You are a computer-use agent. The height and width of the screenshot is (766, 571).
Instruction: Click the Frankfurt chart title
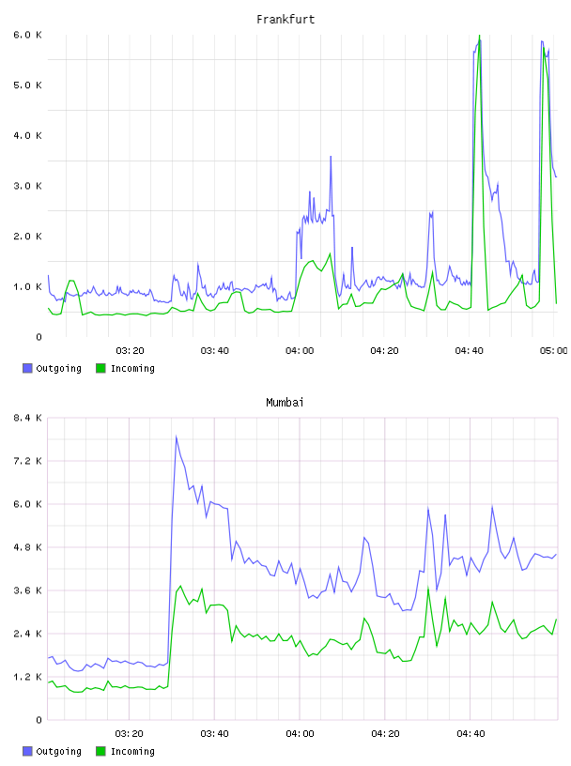(285, 20)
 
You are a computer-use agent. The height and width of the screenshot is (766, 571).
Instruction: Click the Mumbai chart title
(285, 403)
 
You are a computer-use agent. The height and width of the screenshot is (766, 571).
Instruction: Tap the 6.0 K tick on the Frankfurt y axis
(27, 35)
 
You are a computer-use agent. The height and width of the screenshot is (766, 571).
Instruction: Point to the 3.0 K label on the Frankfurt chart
(27, 186)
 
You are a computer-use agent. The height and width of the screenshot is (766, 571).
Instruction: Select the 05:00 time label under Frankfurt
(553, 351)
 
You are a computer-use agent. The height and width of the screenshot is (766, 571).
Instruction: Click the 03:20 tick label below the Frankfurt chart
(130, 351)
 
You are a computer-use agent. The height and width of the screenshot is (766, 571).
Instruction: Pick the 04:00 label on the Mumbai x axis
(300, 734)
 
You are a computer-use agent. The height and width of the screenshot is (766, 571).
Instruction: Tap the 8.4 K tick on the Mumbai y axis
(27, 418)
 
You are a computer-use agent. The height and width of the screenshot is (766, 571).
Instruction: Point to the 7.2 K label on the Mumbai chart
(27, 461)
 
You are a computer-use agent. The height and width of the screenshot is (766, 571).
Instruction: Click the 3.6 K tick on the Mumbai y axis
(27, 590)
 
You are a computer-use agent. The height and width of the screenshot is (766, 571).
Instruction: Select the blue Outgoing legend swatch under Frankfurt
(27, 368)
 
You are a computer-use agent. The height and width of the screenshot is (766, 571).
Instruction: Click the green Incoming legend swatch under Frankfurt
(100, 368)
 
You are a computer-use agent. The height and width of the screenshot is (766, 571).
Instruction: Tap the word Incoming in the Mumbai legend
(132, 751)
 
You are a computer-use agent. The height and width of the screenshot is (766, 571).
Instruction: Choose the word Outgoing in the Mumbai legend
(58, 751)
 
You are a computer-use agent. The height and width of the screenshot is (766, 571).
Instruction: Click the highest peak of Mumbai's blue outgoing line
(176, 437)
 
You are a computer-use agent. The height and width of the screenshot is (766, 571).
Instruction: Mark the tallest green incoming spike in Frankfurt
(480, 36)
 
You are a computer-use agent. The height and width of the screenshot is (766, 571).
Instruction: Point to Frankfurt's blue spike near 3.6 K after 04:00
(331, 157)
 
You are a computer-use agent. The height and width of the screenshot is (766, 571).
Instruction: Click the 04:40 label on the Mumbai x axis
(471, 734)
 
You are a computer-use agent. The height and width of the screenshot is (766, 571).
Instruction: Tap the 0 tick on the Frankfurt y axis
(39, 337)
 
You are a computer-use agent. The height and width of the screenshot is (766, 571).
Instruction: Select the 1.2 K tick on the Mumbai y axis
(27, 677)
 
